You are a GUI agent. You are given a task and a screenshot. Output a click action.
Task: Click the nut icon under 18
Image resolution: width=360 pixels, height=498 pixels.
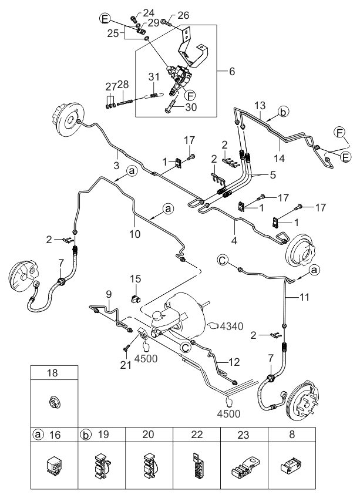[54, 403]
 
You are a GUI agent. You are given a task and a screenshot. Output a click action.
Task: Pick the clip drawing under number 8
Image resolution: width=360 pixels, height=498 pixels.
[290, 465]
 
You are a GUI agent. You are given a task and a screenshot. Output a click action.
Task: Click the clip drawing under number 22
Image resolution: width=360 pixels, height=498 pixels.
[196, 464]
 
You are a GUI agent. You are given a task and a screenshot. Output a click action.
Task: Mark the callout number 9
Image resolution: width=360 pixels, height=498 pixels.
[108, 294]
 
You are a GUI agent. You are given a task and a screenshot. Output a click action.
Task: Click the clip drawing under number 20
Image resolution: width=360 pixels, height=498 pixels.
[149, 464]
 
